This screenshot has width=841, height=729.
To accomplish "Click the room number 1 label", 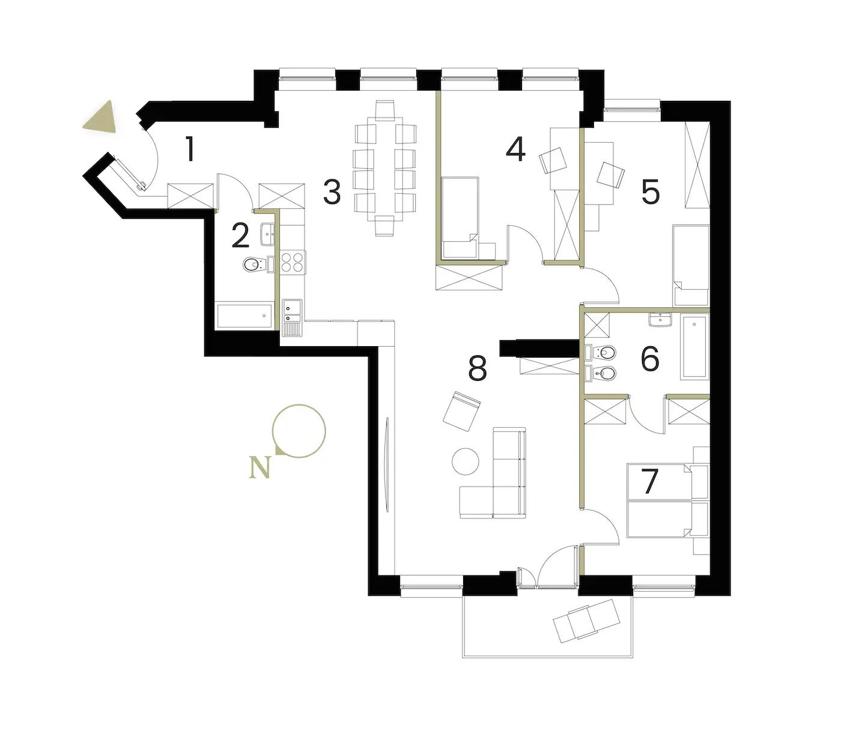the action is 189,149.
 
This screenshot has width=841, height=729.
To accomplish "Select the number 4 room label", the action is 515,149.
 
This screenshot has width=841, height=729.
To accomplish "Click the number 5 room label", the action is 651,191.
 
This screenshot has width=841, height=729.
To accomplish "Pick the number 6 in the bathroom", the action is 651,359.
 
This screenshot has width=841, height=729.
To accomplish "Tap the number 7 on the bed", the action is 650,481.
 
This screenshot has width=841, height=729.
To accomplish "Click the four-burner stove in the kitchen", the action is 293,262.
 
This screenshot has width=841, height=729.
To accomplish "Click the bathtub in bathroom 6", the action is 694,345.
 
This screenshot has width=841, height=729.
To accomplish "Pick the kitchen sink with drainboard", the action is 292,318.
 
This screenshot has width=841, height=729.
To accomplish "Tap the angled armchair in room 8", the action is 461,411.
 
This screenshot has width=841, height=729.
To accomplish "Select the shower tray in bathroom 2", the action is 244,316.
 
